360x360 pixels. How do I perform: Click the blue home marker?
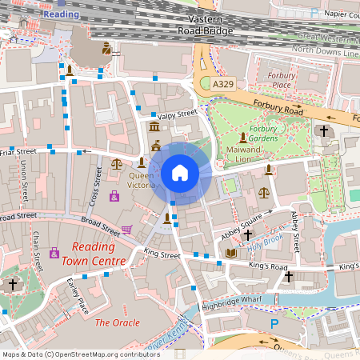180,173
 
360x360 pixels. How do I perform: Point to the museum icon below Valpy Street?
154,128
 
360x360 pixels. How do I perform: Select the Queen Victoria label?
142,180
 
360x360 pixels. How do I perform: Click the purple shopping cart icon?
126,230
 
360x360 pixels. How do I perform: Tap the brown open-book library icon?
231,254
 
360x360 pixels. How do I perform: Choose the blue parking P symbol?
274,324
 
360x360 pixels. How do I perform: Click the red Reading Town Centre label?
98,254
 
